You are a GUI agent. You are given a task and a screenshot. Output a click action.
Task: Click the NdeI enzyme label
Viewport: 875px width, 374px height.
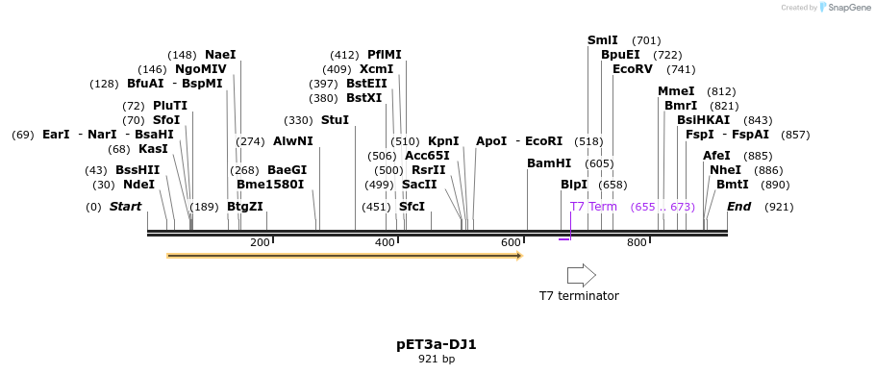pos(138,185)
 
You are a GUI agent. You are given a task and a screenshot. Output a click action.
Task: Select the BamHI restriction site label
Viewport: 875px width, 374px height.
pos(549,163)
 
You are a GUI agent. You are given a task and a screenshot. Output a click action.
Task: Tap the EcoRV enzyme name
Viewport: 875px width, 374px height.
pos(632,69)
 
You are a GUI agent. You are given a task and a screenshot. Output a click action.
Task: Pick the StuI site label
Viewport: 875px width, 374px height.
pos(335,120)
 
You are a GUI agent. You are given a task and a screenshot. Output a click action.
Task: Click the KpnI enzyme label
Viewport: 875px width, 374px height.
pos(443,141)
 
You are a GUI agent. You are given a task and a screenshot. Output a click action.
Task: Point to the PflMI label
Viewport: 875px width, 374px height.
pos(385,55)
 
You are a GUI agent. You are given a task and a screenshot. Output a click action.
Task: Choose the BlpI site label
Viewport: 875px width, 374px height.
pos(573,185)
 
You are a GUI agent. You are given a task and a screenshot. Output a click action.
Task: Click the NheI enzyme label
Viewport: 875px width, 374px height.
pos(725,170)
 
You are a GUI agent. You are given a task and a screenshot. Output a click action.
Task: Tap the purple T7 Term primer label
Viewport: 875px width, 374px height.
pos(593,207)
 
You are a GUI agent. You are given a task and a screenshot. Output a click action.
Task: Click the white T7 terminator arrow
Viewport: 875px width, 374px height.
pos(581,275)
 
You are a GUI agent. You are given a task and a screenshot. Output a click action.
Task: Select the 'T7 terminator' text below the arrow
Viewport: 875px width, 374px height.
pos(579,296)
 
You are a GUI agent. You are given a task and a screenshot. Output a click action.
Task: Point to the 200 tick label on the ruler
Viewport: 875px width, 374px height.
pos(260,242)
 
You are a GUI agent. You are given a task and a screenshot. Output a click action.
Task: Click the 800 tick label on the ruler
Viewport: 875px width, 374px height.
pos(637,242)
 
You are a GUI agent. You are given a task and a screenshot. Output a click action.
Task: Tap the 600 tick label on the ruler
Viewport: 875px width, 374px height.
pos(511,242)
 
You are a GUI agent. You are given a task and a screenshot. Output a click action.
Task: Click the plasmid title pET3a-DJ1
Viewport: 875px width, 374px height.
pos(437,343)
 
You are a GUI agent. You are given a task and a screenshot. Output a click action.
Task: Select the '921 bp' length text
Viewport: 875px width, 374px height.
pos(437,359)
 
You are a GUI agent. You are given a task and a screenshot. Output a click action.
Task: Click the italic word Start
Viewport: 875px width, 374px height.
pos(125,207)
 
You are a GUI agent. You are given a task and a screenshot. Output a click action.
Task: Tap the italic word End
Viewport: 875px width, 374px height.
pos(738,207)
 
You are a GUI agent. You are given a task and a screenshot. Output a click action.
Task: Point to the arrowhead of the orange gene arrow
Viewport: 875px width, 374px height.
pos(519,256)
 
